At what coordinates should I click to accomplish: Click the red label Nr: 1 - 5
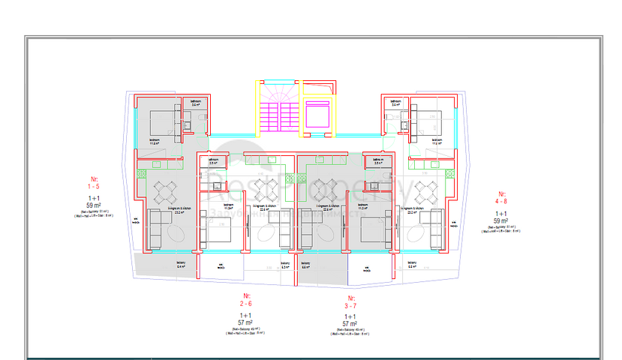(x=94, y=182)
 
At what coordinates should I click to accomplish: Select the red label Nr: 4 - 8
(x=501, y=199)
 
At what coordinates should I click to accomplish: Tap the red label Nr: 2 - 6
(x=245, y=300)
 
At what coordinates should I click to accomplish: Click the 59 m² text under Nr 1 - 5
(x=94, y=204)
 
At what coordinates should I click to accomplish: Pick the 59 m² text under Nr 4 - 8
(x=501, y=221)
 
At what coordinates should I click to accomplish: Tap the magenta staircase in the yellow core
(x=278, y=114)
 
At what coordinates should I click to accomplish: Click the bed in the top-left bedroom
(x=161, y=121)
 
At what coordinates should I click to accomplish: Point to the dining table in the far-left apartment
(x=164, y=193)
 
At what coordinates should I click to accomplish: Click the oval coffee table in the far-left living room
(x=178, y=235)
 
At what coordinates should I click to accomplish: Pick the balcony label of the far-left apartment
(x=180, y=264)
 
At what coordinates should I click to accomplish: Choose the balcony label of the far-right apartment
(x=411, y=264)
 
